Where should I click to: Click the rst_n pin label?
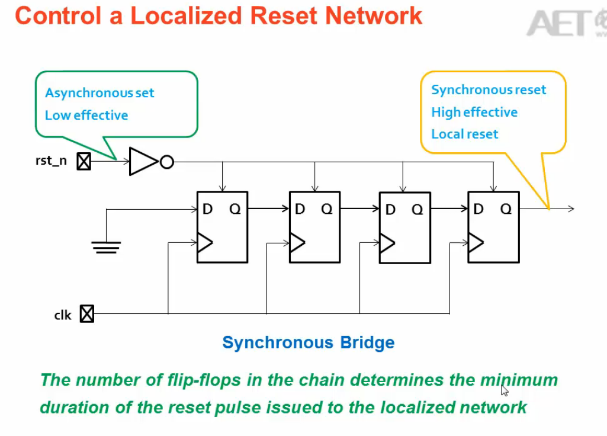click(x=52, y=161)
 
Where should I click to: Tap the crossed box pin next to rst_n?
click(x=84, y=161)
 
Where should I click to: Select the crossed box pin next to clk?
click(x=87, y=313)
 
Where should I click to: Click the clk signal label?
click(x=63, y=315)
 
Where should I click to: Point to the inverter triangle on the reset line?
click(x=143, y=162)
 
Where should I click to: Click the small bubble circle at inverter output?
click(x=167, y=162)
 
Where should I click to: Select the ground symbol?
click(x=106, y=246)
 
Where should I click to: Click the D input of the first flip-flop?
click(x=207, y=209)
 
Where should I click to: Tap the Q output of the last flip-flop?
click(x=506, y=209)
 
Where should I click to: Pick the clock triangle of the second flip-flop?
click(x=297, y=242)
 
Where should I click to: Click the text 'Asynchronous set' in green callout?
click(x=99, y=93)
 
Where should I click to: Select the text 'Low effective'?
click(x=86, y=116)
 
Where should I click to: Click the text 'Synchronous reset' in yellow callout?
click(x=489, y=90)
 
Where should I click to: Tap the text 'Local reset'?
click(x=464, y=134)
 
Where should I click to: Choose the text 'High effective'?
click(x=474, y=113)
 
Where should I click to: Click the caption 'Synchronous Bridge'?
click(x=308, y=342)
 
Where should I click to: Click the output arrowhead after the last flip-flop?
click(x=571, y=209)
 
